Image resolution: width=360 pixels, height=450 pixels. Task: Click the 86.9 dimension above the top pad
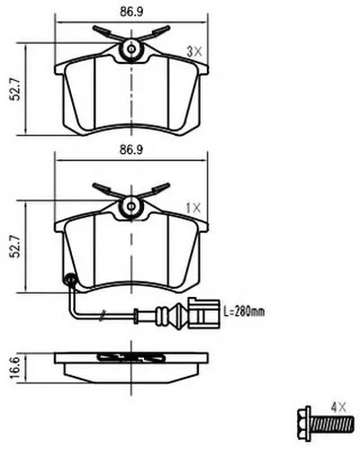(131, 12)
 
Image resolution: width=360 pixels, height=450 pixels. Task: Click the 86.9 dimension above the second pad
(131, 149)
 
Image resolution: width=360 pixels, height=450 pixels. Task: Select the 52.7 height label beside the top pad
(15, 89)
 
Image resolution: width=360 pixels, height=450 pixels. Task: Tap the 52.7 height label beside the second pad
(15, 247)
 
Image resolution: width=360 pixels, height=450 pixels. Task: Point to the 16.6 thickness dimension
(15, 367)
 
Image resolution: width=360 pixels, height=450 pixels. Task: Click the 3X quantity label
(194, 52)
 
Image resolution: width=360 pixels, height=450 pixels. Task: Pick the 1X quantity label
(193, 208)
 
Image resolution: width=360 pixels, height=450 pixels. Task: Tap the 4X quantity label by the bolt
(338, 408)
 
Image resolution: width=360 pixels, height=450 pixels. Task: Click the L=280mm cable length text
(245, 312)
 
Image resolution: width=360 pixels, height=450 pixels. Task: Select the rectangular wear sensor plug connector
(204, 313)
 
